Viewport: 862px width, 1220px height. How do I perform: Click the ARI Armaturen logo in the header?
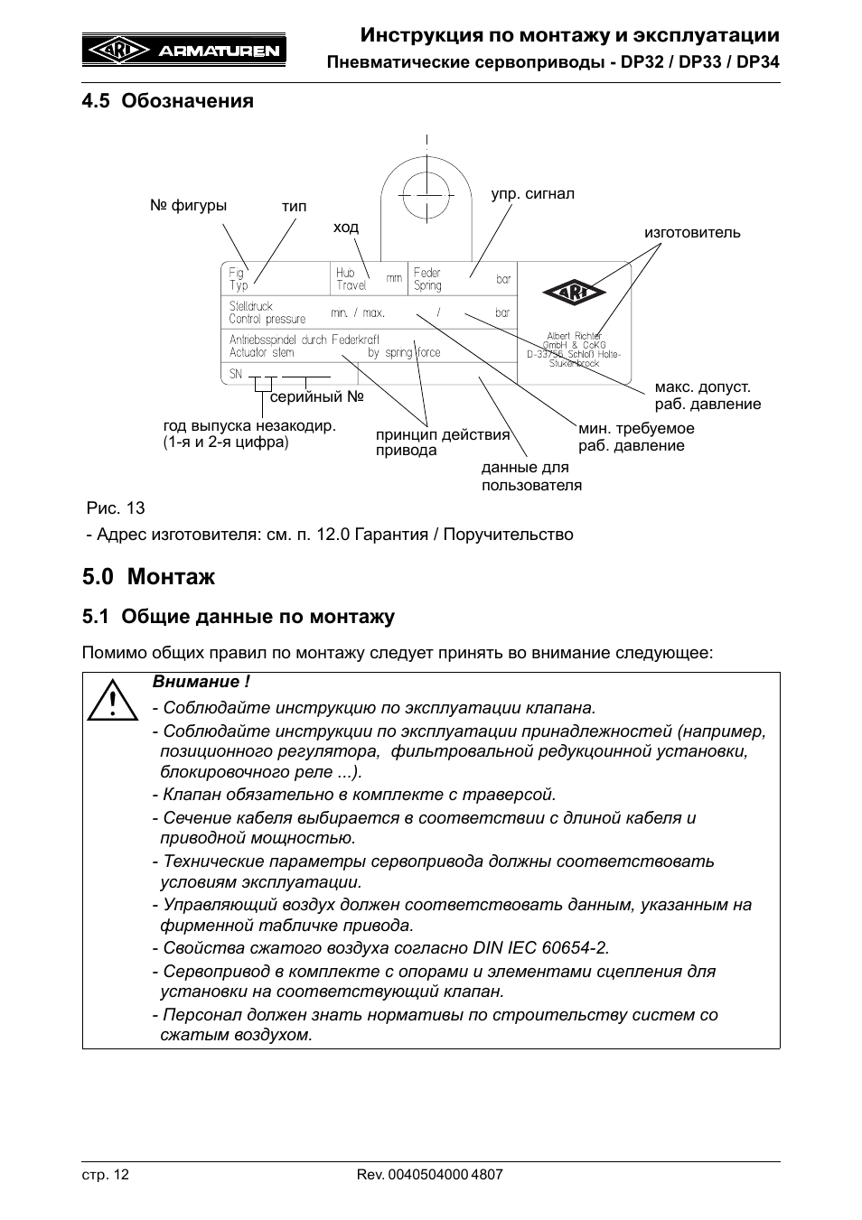click(184, 51)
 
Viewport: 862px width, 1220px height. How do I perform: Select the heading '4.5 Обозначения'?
click(167, 100)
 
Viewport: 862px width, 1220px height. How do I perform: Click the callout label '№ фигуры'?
click(188, 206)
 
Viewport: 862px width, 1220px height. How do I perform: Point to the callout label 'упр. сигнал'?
click(532, 194)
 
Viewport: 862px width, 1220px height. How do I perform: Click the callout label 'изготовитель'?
click(691, 232)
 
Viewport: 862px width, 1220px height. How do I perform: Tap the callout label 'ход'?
click(345, 228)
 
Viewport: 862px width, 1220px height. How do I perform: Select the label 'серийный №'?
click(316, 396)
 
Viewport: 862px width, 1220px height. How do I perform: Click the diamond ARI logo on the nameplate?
click(576, 293)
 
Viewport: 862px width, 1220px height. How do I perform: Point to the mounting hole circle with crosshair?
click(426, 193)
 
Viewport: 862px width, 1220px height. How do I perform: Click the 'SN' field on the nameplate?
click(236, 374)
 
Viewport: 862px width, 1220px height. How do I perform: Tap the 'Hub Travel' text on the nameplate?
click(351, 279)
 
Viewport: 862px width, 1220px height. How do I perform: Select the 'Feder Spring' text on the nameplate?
click(427, 279)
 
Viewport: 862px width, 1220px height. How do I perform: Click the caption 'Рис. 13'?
click(116, 508)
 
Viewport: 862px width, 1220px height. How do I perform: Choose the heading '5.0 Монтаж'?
click(148, 575)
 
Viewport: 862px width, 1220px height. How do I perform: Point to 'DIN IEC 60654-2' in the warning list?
click(540, 948)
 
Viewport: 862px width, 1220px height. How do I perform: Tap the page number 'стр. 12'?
click(106, 1175)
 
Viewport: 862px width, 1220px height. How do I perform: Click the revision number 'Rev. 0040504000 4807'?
click(429, 1175)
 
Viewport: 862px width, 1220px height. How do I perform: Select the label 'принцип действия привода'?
click(442, 442)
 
